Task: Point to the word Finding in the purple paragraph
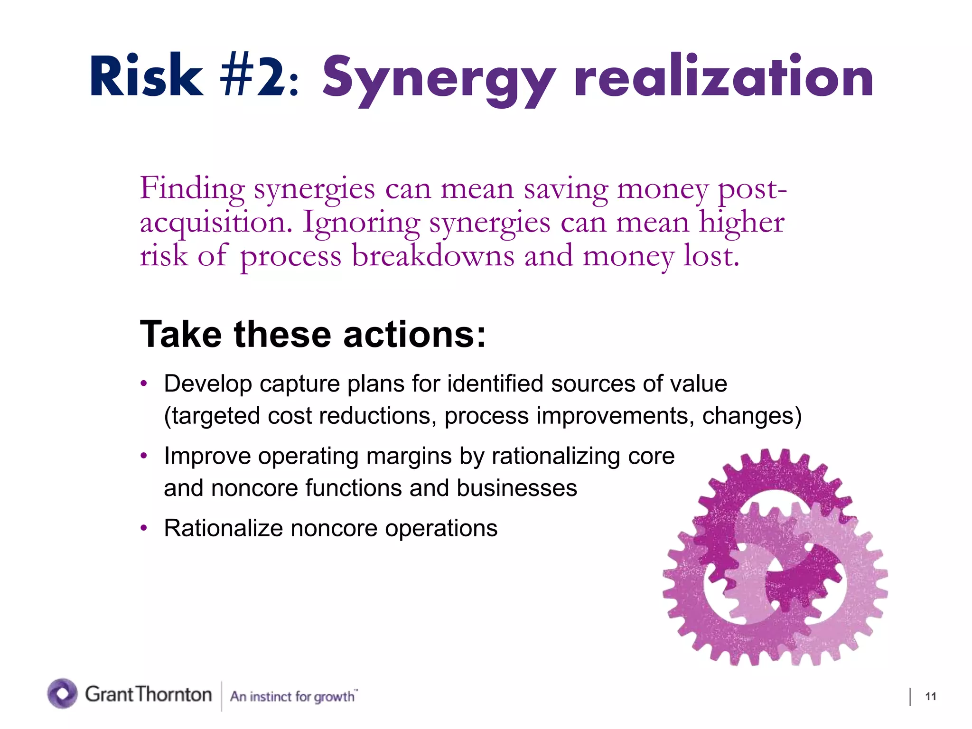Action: (x=192, y=189)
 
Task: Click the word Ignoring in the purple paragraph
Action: (x=361, y=223)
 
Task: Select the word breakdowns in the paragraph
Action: (x=433, y=256)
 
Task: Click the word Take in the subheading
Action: (x=181, y=334)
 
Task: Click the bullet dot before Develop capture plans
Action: (x=144, y=383)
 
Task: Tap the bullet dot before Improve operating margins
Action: (x=144, y=456)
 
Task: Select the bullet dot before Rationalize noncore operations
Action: (x=144, y=528)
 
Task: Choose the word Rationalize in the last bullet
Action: (x=223, y=528)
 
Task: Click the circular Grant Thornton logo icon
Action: (x=62, y=693)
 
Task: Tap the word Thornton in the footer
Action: (x=174, y=694)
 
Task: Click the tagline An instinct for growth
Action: (x=293, y=696)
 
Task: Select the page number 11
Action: (x=930, y=696)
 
